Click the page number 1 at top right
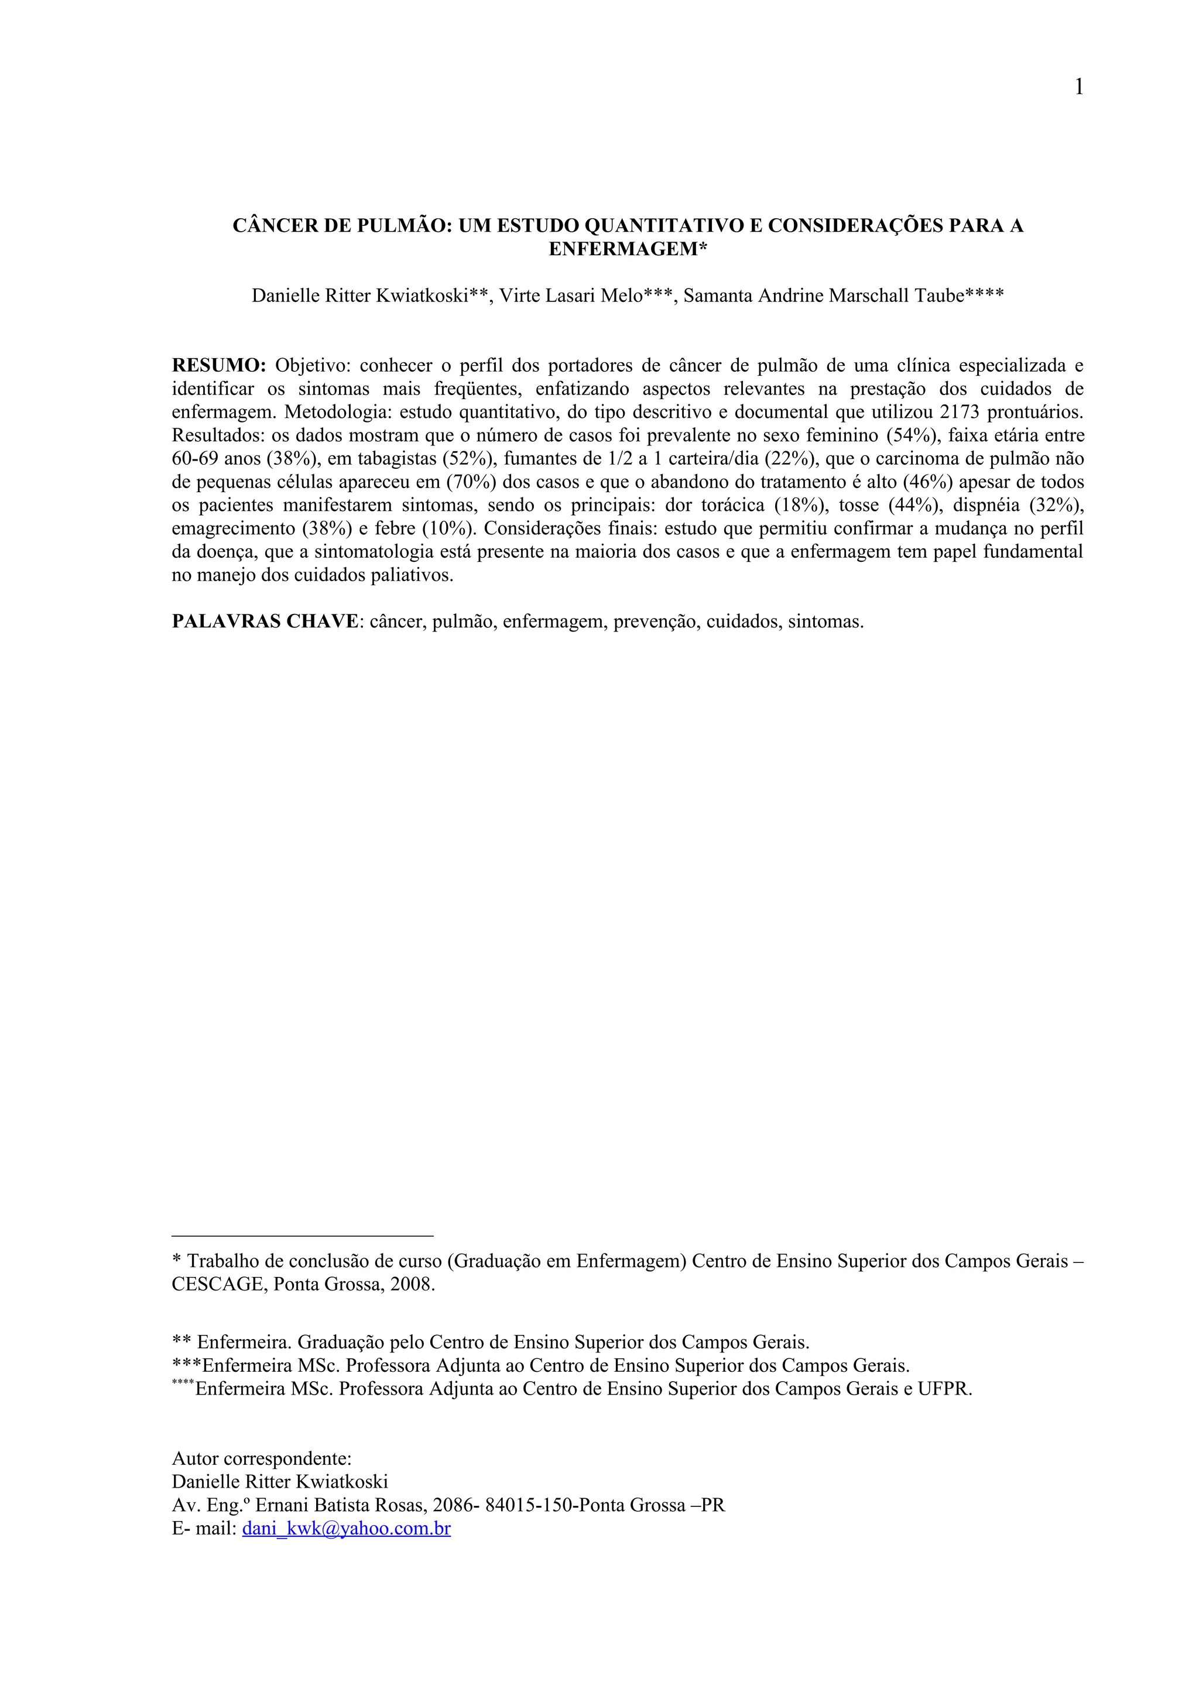pyautogui.click(x=1078, y=88)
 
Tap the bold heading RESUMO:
pyautogui.click(x=219, y=366)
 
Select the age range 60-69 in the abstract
pyautogui.click(x=194, y=459)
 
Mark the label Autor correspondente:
pyautogui.click(x=262, y=1458)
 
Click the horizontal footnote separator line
pyautogui.click(x=302, y=1236)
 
